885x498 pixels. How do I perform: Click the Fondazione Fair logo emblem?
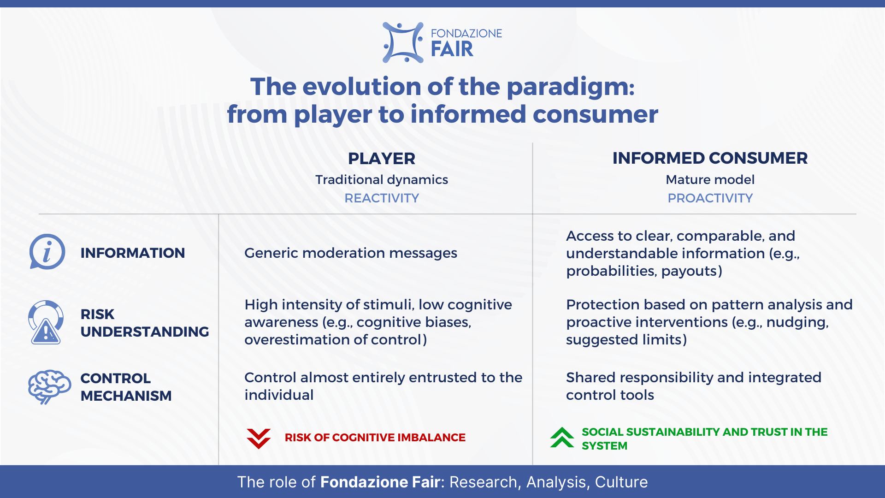click(403, 42)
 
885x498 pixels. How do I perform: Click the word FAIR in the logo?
click(452, 49)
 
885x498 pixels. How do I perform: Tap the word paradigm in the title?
click(571, 88)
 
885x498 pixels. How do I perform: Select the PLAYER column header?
click(382, 159)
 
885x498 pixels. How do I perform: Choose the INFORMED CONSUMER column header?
click(710, 158)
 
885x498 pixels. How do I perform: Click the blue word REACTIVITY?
click(382, 198)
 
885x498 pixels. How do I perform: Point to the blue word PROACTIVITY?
click(710, 198)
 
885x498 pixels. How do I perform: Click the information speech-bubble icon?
click(47, 252)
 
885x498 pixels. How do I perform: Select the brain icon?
click(49, 387)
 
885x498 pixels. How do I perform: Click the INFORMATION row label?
click(133, 253)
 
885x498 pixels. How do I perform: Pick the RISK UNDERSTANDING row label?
click(145, 323)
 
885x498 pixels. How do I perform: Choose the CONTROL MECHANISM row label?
click(126, 387)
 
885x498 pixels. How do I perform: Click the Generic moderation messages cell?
click(351, 253)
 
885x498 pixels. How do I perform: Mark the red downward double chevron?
click(259, 438)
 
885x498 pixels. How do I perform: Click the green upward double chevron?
click(562, 438)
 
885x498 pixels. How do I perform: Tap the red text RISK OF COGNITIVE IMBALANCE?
click(375, 438)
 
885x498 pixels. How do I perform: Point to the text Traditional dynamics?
click(382, 180)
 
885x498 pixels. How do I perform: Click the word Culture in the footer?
click(621, 482)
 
